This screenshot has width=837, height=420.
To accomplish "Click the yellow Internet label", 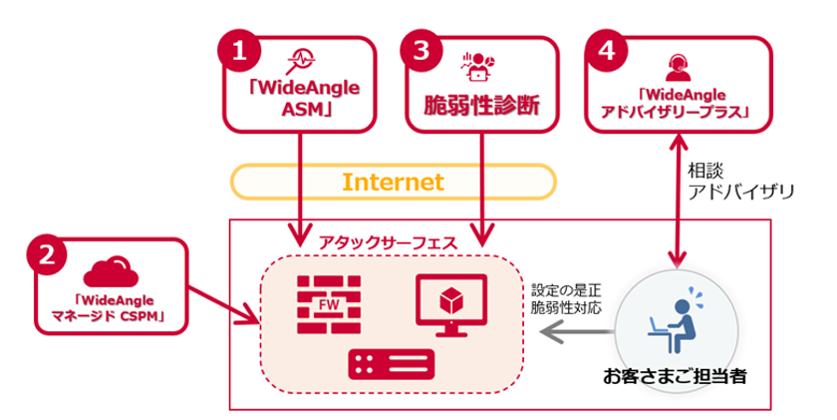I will (392, 182).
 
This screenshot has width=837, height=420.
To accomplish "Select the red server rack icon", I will (391, 364).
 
